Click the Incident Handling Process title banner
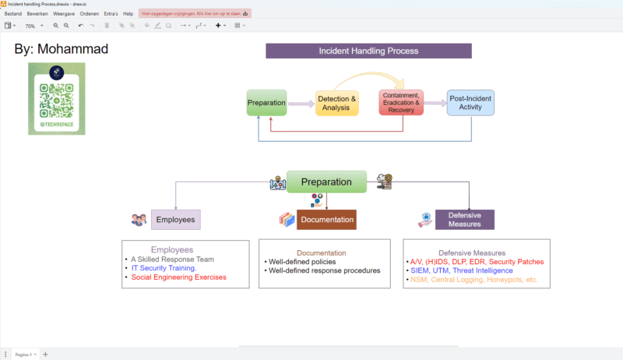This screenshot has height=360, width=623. coord(368,51)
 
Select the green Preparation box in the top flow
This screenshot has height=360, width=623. coord(266,103)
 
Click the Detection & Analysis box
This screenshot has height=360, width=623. coord(336,103)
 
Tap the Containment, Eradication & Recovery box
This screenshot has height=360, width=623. coord(401,102)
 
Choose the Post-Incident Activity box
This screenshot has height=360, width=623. coord(470,102)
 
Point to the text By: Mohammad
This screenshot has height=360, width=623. coord(61,50)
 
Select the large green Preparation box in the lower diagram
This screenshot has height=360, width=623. coord(326,182)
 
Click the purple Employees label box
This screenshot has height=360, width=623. coord(175,220)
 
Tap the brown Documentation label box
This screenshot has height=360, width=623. coord(326,220)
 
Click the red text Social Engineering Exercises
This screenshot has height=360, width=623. coord(178,277)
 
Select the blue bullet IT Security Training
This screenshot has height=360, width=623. coord(164,268)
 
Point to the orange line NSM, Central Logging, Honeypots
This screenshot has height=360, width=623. coord(473,280)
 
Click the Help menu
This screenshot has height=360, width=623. coord(128,13)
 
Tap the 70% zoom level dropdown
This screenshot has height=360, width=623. coord(32,26)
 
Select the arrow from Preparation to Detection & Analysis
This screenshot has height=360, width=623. coord(301,103)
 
